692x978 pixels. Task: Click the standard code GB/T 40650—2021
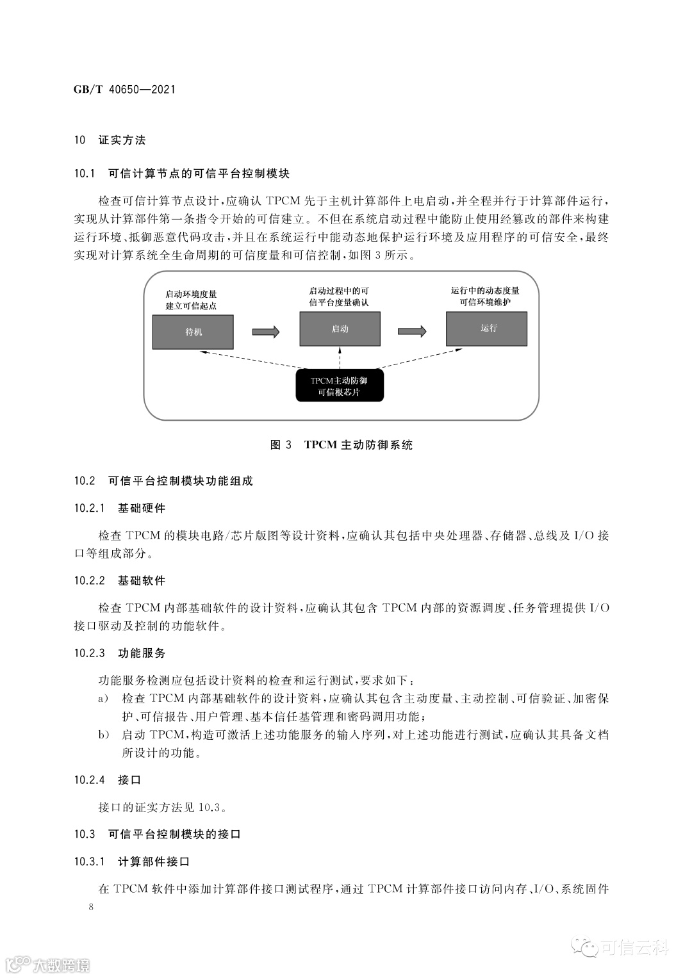coord(124,90)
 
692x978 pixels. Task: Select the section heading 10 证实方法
coord(110,140)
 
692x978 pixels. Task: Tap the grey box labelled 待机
coord(193,332)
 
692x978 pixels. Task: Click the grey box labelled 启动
coord(340,329)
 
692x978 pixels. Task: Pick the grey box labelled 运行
coord(487,329)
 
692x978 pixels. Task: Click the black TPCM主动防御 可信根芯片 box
coord(340,386)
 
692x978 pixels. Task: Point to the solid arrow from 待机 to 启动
coord(266,332)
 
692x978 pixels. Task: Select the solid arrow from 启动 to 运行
coord(412,331)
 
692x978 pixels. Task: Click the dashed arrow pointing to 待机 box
coord(250,360)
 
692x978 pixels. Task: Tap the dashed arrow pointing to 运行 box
coord(423,359)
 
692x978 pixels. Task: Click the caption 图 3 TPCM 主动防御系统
coord(342,444)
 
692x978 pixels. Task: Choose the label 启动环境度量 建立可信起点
coord(191,300)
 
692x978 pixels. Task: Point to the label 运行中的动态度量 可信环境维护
coord(485,297)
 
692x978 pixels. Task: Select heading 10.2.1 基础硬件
coord(119,508)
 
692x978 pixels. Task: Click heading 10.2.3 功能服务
coord(119,653)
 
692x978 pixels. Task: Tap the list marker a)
coord(103,698)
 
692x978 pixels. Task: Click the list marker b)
coord(103,735)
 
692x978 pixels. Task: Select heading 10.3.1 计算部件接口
coord(131,861)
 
